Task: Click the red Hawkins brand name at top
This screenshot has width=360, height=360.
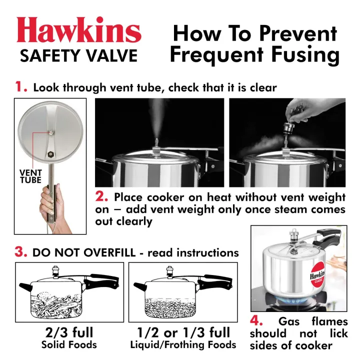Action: tap(79, 30)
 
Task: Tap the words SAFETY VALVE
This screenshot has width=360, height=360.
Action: tap(78, 55)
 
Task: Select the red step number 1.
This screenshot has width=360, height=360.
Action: tap(20, 87)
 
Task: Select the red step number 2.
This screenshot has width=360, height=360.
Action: tap(102, 196)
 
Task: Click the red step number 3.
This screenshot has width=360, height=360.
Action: tap(20, 252)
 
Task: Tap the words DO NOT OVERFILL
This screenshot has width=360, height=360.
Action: tap(83, 252)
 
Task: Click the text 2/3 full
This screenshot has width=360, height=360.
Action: tap(68, 332)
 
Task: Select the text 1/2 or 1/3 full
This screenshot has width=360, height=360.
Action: tap(183, 332)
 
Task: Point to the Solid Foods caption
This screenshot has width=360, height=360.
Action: tap(68, 345)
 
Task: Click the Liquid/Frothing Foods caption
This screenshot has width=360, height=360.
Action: tap(183, 345)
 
